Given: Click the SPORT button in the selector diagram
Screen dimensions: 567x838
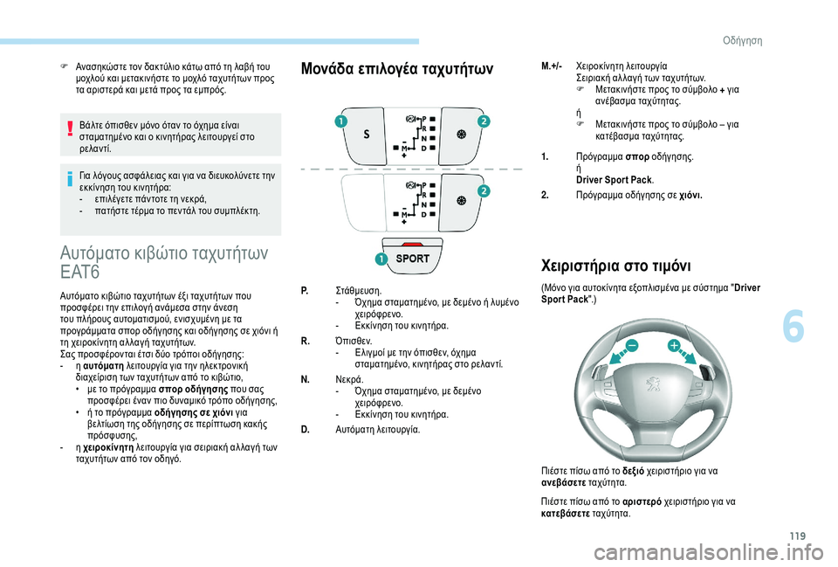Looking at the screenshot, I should click(x=413, y=259).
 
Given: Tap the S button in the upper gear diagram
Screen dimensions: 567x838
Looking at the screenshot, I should click(x=366, y=135).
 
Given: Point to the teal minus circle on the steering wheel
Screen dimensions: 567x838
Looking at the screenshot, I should click(x=631, y=347).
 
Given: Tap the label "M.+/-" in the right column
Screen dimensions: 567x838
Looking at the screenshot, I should click(x=552, y=66).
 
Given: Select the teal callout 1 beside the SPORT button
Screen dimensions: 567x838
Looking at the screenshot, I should click(x=381, y=259).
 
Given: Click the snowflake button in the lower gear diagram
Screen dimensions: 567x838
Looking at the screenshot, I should click(x=461, y=200).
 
